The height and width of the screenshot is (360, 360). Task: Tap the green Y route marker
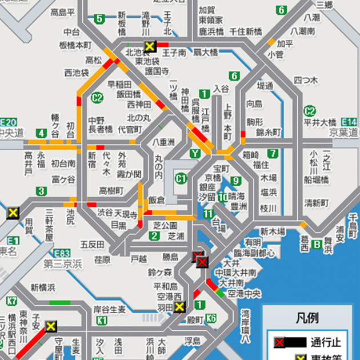195,153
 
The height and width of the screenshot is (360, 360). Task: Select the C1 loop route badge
181,178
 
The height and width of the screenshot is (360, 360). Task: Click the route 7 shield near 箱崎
273,153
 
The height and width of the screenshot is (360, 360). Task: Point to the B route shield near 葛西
318,245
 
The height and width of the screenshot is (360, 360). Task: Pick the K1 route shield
102,321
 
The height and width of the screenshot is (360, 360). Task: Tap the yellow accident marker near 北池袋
150,46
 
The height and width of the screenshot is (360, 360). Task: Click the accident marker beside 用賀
13,213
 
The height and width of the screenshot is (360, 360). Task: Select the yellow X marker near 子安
51,326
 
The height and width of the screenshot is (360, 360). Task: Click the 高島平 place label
62,12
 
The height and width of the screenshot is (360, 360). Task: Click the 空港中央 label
245,294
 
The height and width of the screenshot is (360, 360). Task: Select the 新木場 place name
273,231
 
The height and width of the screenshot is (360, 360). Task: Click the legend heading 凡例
307,318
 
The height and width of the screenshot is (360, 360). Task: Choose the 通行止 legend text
326,343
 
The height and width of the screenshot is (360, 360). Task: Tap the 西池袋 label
76,73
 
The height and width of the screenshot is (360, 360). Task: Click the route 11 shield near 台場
207,214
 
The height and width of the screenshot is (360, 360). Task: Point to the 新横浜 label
43,287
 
